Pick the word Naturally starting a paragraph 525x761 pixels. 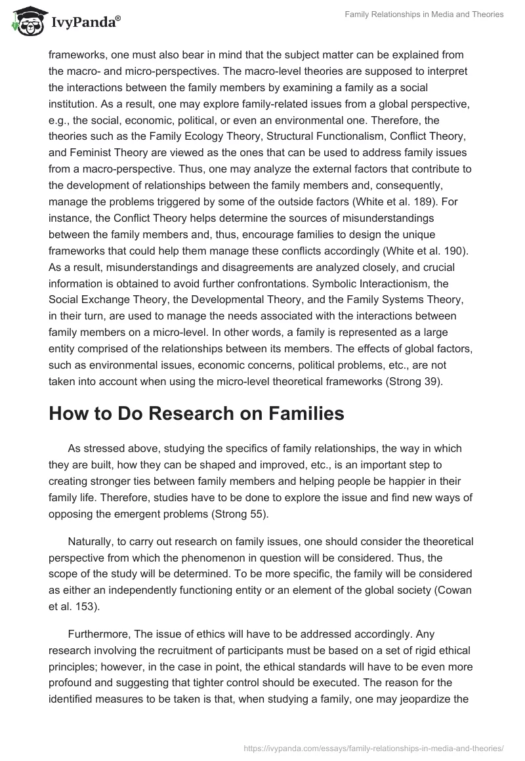[93, 541]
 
